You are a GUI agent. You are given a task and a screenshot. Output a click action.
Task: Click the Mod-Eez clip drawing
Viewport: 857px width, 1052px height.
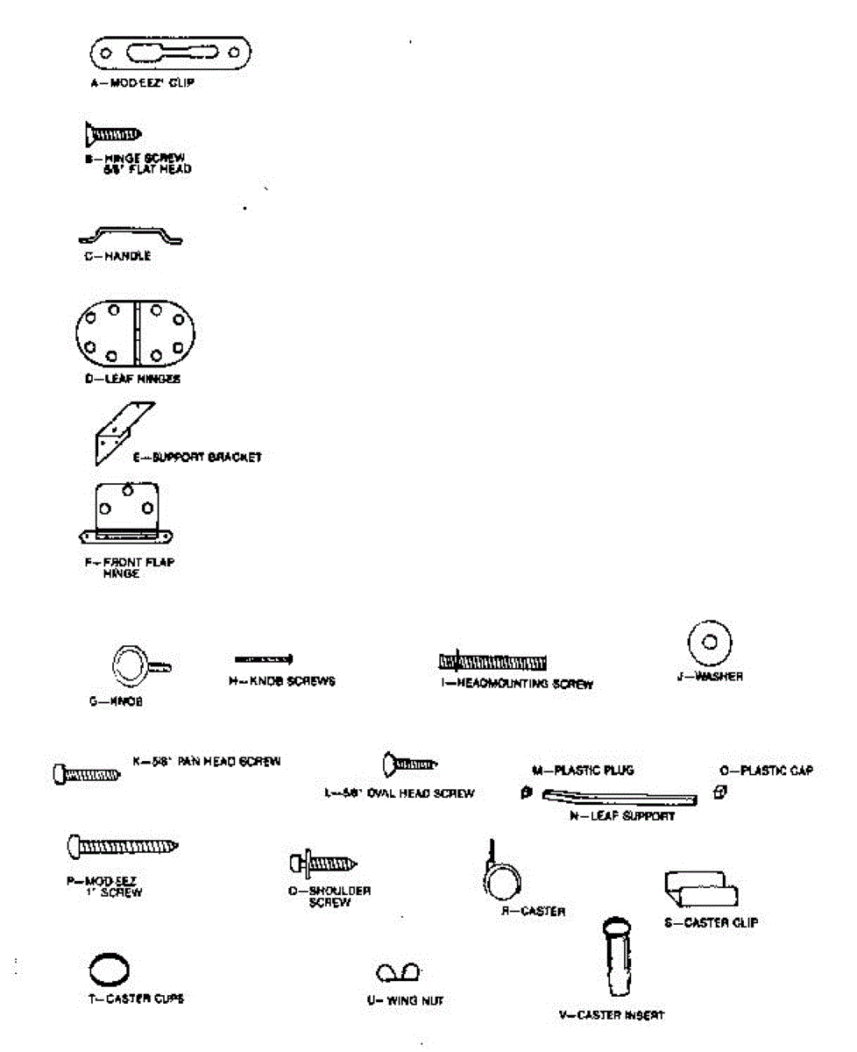coord(173,54)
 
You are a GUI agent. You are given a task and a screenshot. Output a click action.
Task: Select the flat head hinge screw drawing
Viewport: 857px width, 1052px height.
coord(113,134)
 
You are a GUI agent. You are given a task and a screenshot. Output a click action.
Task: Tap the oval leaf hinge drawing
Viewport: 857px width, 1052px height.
coord(132,334)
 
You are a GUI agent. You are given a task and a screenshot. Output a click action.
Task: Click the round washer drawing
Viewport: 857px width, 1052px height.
coord(710,642)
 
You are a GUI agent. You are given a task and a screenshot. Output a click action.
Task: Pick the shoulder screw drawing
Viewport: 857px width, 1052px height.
coord(322,864)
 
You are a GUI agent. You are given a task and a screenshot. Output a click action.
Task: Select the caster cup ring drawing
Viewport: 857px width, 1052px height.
coord(109,970)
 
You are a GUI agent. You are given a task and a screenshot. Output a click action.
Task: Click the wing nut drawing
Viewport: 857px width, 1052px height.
coord(398,972)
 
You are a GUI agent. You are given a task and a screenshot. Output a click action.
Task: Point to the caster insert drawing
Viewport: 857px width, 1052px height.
coord(620,957)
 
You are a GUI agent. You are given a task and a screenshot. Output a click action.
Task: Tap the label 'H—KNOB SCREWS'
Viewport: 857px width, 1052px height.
coord(276,681)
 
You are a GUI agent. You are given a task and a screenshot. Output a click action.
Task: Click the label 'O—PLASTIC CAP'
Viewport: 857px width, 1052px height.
coord(766,771)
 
